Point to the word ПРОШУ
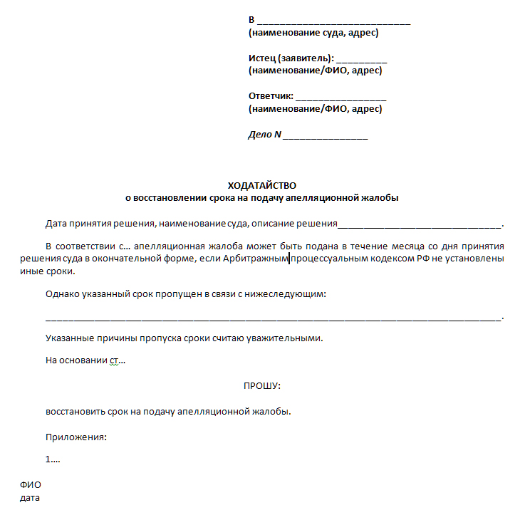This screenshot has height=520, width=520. coord(262,385)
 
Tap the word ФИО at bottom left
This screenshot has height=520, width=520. coord(30,485)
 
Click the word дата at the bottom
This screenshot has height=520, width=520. coord(29,498)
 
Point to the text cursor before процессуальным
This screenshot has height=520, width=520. coord(289,259)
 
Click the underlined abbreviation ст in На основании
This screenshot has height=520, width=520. coord(114,360)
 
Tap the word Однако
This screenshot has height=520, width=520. coord(61,293)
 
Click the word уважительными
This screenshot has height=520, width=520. coord(284,338)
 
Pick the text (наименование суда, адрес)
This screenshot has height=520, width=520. coord(313,33)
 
